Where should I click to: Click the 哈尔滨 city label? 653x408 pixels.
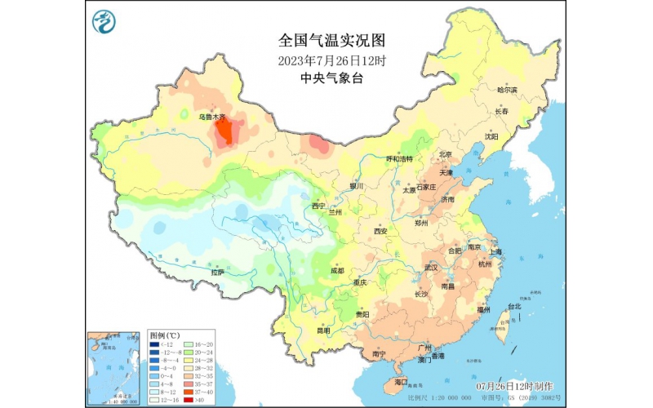pos(507,90)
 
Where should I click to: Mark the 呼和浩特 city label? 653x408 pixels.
pos(399,158)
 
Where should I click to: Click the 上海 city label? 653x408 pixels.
pos(495,251)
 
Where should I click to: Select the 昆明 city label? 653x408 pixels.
pos(323,330)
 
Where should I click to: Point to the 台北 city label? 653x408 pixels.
pos(514,307)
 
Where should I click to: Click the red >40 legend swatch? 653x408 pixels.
pos(189,400)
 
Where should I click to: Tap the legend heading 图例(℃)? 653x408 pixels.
pos(166,335)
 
